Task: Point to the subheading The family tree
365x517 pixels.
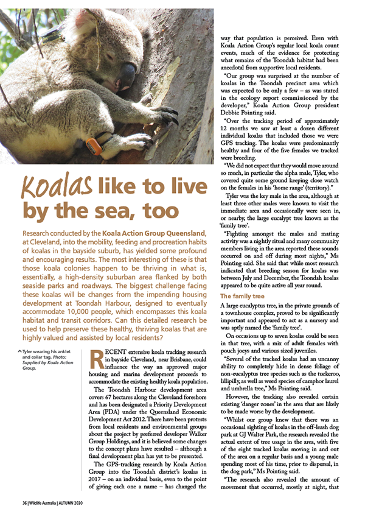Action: click(242, 296)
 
